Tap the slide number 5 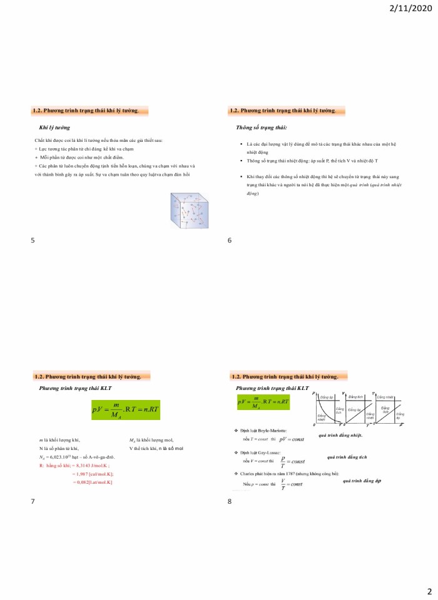pos(33,240)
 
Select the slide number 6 pos(230,240)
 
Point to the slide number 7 pos(33,501)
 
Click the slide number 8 pos(230,501)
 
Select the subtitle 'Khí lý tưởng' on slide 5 pos(54,127)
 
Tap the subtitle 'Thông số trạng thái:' pos(261,127)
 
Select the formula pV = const pos(291,439)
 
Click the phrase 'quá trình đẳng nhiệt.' pos(340,435)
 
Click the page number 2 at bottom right pos(429,591)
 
